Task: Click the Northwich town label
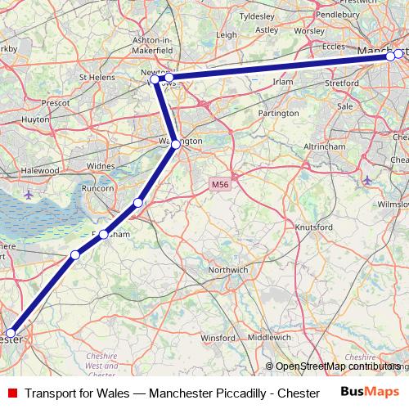click(x=228, y=269)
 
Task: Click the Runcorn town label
click(x=98, y=187)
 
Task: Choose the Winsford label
click(x=218, y=337)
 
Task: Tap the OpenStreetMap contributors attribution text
click(x=337, y=366)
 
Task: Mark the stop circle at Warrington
click(x=176, y=145)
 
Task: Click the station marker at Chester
click(x=11, y=335)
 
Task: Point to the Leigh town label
click(x=226, y=35)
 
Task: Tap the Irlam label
click(x=283, y=82)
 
